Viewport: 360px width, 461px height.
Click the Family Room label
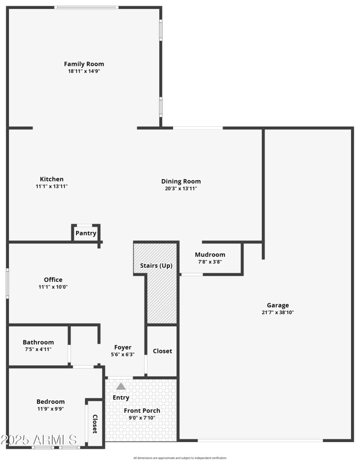(84, 64)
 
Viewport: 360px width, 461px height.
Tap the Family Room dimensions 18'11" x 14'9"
(84, 71)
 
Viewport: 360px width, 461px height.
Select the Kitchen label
(52, 179)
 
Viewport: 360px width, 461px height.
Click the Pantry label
(85, 233)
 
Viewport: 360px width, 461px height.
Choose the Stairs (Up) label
(156, 266)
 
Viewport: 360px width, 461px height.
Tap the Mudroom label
(210, 255)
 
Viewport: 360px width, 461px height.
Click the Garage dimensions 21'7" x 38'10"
(278, 312)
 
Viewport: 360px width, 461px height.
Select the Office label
(53, 280)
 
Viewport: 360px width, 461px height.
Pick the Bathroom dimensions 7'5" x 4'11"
(38, 349)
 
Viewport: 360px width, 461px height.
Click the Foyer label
(123, 347)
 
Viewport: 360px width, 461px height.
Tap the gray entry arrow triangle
(121, 386)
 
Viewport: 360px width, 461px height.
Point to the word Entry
(121, 398)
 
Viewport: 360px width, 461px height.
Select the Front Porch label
(142, 411)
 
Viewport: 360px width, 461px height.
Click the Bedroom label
(50, 402)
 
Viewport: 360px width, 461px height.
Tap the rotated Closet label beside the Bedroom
(95, 424)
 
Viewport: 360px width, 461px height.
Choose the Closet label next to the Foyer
(162, 351)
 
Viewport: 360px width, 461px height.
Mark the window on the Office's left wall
(7, 283)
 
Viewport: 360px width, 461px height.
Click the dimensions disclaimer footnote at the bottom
(180, 458)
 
